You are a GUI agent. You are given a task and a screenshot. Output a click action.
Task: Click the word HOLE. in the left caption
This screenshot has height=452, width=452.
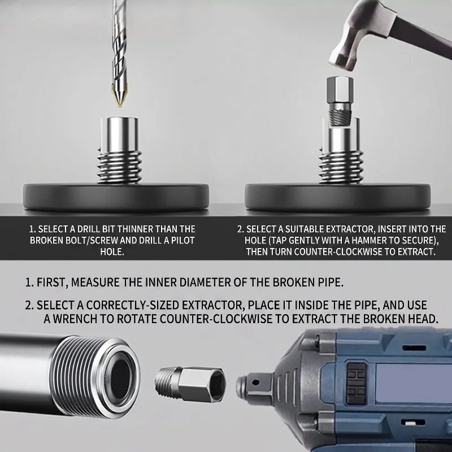pyautogui.click(x=112, y=251)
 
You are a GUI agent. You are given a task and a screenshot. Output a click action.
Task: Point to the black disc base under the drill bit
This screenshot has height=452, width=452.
pyautogui.click(x=116, y=197)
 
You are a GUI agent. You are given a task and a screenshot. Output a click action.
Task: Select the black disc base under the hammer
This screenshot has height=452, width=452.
pyautogui.click(x=337, y=197)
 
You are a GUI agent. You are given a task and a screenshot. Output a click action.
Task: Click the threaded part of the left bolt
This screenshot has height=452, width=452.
pyautogui.click(x=120, y=167)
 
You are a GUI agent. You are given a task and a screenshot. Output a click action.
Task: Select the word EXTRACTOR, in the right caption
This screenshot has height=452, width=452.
pyautogui.click(x=350, y=229)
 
